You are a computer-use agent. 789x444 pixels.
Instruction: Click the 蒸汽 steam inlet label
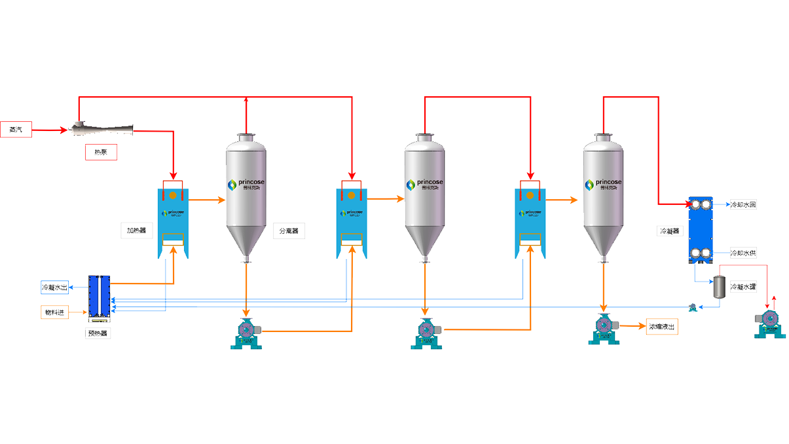click(x=16, y=130)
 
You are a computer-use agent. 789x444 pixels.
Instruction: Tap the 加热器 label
click(x=136, y=231)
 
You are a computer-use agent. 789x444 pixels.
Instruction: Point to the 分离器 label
click(x=289, y=231)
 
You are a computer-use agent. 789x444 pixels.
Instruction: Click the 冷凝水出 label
click(x=54, y=287)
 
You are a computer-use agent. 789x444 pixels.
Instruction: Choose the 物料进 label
click(x=54, y=312)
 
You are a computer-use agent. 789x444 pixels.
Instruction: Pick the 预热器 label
click(x=98, y=333)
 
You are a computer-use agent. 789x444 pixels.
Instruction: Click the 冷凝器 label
click(x=670, y=231)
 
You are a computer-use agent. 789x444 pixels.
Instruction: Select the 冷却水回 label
click(x=743, y=205)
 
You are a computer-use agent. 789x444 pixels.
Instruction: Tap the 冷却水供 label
click(x=743, y=253)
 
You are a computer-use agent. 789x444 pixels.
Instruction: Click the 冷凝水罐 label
click(x=743, y=287)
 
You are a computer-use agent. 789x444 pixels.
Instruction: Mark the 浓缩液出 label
click(x=661, y=326)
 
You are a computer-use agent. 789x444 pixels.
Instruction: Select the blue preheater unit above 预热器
click(x=100, y=298)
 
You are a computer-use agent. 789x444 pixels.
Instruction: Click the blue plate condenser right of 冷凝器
click(x=704, y=229)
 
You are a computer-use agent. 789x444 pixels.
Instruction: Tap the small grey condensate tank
click(x=718, y=287)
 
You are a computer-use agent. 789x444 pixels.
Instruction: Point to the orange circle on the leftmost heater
click(x=174, y=195)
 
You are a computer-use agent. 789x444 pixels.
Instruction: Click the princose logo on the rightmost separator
click(x=604, y=185)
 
